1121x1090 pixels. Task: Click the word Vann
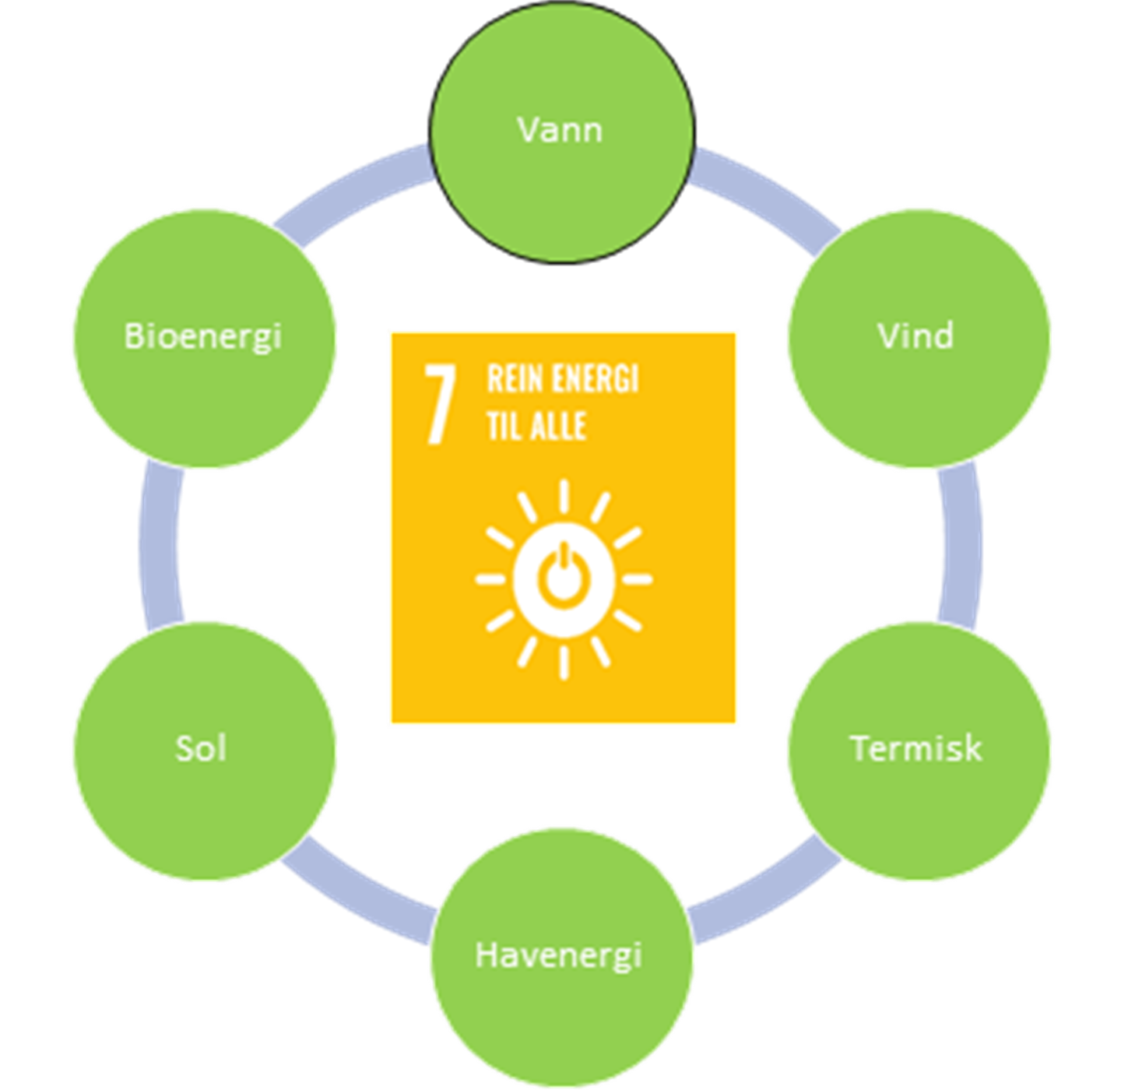pyautogui.click(x=560, y=129)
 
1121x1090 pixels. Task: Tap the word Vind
pyautogui.click(x=915, y=336)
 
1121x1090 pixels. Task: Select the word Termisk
pyautogui.click(x=915, y=748)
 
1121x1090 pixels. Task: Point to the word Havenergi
pyautogui.click(x=558, y=955)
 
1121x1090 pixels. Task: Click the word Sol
pyautogui.click(x=201, y=748)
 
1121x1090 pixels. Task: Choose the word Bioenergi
pyautogui.click(x=202, y=336)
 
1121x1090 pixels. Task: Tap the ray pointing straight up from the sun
pyautogui.click(x=563, y=496)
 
